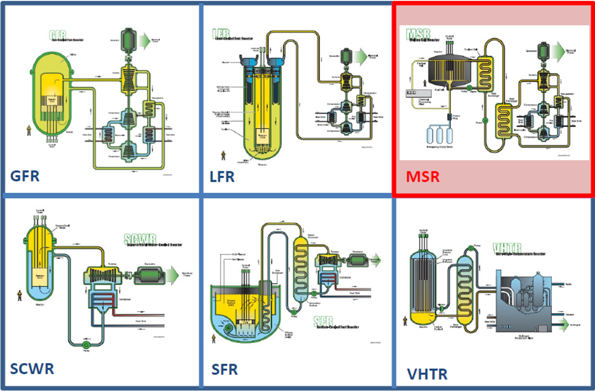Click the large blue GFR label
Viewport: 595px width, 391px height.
(24, 176)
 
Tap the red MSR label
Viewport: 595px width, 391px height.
(422, 176)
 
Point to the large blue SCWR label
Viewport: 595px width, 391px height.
(32, 369)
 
